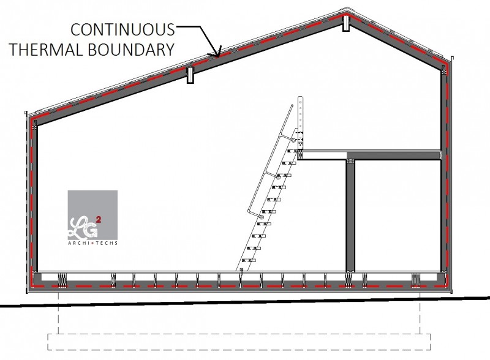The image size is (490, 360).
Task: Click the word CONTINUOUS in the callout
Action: coord(123,29)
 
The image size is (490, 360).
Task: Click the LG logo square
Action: coord(92,215)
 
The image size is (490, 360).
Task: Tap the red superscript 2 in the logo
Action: coord(99,220)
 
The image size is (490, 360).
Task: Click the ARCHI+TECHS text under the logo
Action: coord(93,243)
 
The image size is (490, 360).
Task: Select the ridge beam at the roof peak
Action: coord(346,23)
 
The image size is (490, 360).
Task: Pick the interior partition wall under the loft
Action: coord(350,216)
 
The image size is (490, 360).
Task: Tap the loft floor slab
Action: coord(369,155)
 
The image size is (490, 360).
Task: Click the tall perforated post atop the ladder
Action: coord(301,122)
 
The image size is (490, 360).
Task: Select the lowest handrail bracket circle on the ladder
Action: coord(262,217)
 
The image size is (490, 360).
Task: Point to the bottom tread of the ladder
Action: coord(249,260)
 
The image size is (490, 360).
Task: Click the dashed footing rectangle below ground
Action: coord(239,342)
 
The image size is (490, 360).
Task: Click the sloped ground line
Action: coord(245,302)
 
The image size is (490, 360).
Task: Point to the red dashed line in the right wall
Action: coord(447,176)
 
